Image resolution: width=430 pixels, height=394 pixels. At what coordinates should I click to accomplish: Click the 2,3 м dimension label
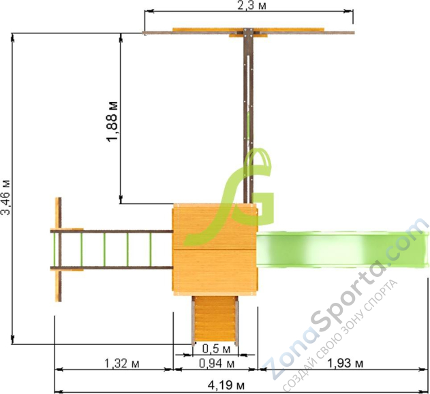point(251,5)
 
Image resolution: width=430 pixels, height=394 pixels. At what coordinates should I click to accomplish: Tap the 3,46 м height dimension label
point(6,197)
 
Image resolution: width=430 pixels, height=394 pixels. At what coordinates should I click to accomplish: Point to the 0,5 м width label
point(216,349)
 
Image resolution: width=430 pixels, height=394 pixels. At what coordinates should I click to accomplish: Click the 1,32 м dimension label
point(122,363)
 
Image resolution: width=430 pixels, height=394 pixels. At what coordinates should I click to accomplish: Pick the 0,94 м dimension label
point(217,363)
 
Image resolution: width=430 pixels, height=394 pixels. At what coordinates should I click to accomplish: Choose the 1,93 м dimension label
point(345,363)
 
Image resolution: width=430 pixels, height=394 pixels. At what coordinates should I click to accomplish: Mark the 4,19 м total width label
point(226,386)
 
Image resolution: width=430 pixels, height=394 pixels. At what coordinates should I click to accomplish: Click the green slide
point(342,249)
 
